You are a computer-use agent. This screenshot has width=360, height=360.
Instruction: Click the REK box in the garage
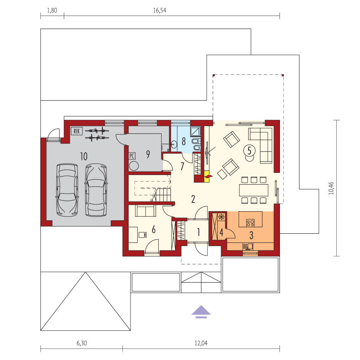click(x=76, y=131)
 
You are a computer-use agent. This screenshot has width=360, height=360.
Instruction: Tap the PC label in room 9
click(x=132, y=156)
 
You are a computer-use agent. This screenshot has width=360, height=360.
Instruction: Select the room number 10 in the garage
click(x=84, y=156)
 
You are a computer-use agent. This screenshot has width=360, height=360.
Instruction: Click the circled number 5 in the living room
click(x=249, y=151)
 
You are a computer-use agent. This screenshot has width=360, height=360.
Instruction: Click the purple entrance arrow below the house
click(x=201, y=312)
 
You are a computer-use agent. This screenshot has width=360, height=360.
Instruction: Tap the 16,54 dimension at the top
click(x=159, y=11)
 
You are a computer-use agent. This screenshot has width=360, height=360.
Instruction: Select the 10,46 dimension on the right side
click(x=331, y=188)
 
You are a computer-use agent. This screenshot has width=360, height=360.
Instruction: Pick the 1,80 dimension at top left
click(x=52, y=11)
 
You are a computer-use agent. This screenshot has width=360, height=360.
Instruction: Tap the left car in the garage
click(x=67, y=190)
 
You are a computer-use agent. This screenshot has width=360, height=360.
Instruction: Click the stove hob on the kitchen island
click(x=250, y=223)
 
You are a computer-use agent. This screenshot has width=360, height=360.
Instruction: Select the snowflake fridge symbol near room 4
click(x=221, y=217)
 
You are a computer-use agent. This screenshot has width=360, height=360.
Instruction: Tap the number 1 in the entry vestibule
click(x=199, y=232)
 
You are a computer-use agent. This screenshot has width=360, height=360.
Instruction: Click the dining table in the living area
click(x=254, y=190)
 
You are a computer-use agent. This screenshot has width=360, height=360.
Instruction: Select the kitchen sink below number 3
click(x=248, y=247)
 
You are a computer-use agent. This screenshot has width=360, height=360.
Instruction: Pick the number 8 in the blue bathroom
click(x=184, y=141)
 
